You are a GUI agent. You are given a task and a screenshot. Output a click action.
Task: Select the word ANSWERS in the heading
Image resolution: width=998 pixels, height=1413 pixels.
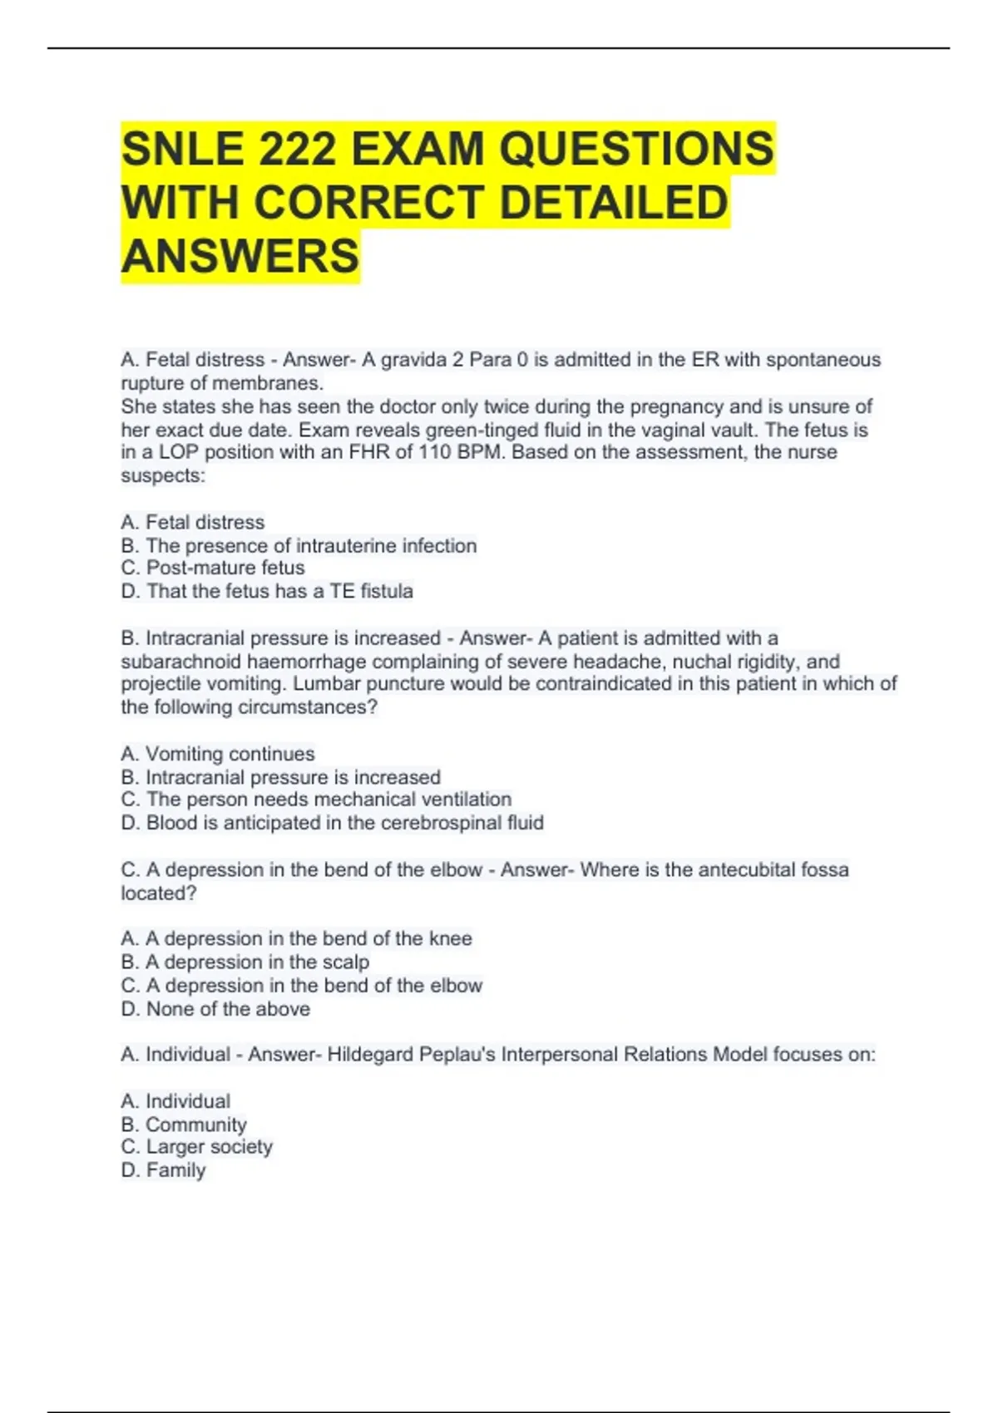coord(240,256)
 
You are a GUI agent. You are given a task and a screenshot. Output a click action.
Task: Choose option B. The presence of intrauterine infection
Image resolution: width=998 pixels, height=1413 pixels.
coord(299,545)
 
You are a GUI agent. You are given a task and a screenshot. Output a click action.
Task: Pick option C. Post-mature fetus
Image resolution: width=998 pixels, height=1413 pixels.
coord(213,568)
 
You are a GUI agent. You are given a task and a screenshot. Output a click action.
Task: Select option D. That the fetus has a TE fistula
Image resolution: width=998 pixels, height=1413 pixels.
coord(267,591)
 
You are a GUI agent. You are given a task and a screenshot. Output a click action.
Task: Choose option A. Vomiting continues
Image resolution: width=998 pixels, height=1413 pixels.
coord(218,754)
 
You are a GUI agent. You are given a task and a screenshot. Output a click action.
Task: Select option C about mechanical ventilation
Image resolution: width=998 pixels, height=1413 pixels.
coord(316,800)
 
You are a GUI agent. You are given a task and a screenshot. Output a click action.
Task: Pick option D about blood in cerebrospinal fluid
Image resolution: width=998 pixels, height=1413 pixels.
coord(333,823)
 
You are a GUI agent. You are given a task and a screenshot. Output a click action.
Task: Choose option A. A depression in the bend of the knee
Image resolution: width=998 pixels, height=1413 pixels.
coord(296,938)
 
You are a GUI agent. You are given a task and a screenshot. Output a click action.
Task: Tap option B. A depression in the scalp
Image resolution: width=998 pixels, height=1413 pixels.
coord(245,962)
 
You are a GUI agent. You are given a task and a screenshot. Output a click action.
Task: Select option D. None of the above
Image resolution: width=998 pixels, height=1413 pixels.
coord(215,1009)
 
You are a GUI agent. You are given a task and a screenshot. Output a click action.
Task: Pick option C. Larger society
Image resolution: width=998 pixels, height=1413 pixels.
coord(197,1147)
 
